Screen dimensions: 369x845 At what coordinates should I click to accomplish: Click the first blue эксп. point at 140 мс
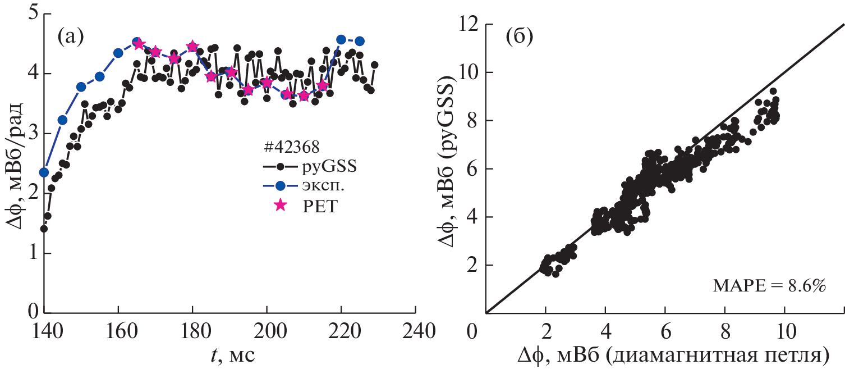coord(44,172)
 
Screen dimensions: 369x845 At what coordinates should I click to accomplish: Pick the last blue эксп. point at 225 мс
coord(360,41)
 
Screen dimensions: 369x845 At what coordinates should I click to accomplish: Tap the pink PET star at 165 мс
coord(138,44)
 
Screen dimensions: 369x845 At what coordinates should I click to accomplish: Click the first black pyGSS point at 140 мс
coord(44,229)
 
